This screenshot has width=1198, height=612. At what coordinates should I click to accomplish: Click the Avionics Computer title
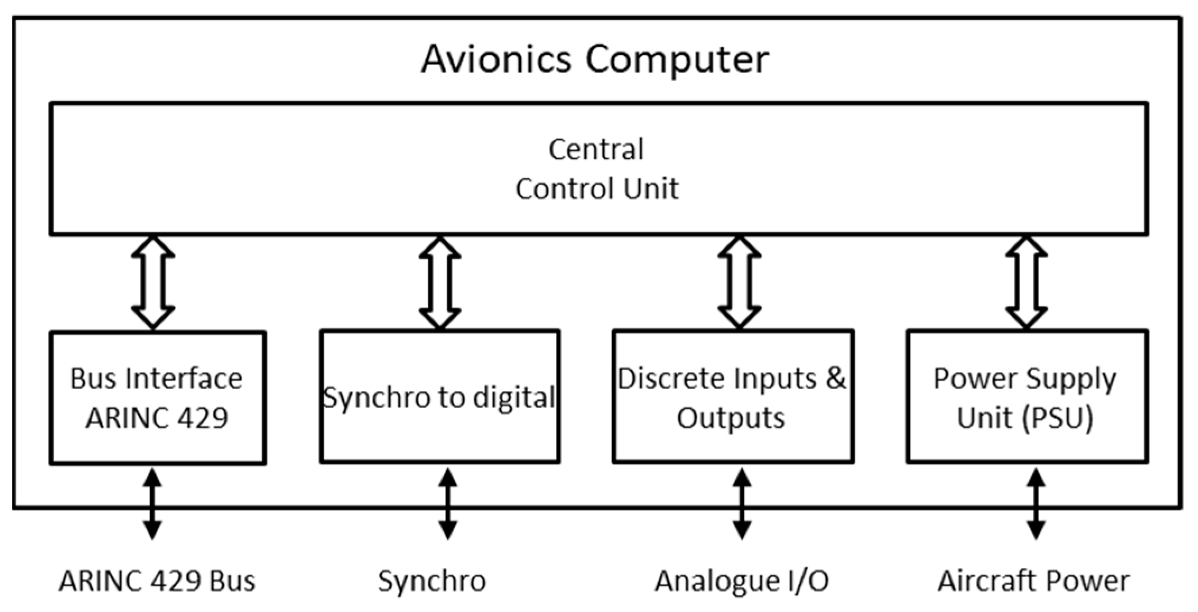pos(595,59)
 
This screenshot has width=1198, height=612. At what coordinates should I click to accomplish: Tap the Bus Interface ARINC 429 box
pos(157,398)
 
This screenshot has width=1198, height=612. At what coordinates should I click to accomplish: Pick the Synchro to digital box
pos(439,396)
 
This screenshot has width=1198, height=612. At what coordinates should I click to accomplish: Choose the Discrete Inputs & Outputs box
pos(732,396)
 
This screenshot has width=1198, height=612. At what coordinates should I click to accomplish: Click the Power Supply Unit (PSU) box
pos(1026,396)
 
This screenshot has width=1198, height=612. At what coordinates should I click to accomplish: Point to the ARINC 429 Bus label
pos(157,581)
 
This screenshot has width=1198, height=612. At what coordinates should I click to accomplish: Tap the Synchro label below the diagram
pos(431,581)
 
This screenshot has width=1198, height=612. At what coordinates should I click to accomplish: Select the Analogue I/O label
pos(741,581)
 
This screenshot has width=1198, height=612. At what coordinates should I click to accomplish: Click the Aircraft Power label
pos(1033,581)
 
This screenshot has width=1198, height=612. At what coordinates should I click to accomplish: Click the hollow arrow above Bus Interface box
pos(153,282)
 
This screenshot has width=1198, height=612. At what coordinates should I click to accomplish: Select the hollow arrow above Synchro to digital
pos(440,282)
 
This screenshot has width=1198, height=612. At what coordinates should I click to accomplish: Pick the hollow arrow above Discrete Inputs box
pos(740,282)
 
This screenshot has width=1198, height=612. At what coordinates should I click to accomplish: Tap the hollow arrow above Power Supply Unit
pos(1027,282)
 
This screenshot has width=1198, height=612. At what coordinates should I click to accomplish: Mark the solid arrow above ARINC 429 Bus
pos(152,504)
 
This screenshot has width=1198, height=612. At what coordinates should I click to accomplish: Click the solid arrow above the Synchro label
pos(447,504)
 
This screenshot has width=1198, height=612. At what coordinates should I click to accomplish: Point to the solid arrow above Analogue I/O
pos(742,504)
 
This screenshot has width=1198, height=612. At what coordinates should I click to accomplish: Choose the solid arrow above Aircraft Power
pos(1036,504)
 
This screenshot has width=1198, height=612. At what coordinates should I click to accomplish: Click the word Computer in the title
pos(677,59)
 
